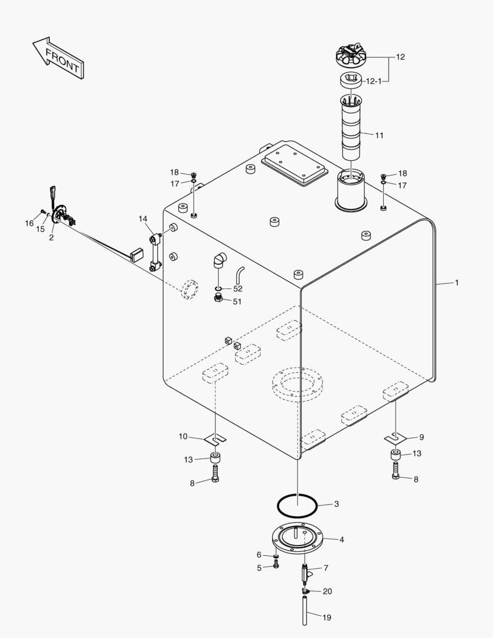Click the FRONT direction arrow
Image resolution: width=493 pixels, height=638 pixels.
click(x=57, y=58)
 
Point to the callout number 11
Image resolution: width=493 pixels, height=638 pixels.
click(x=379, y=135)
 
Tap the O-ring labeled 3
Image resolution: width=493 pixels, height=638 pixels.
click(x=298, y=505)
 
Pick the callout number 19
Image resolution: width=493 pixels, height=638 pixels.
click(x=327, y=617)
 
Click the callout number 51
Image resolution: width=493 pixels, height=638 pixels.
click(x=237, y=301)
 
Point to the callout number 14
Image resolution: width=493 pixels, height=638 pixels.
click(x=143, y=219)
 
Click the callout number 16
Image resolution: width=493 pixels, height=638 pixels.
click(x=29, y=223)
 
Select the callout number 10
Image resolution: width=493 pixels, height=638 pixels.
click(x=183, y=437)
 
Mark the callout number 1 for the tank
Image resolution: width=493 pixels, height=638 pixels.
click(x=456, y=283)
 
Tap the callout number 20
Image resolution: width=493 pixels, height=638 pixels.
click(x=327, y=591)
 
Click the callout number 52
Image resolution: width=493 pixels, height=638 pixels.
click(x=237, y=288)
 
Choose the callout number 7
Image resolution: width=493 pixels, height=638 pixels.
click(x=325, y=568)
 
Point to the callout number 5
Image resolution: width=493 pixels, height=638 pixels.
click(x=259, y=568)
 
